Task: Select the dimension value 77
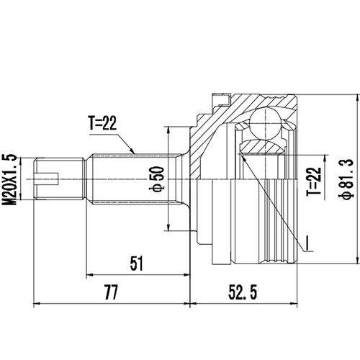[x=110, y=292]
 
